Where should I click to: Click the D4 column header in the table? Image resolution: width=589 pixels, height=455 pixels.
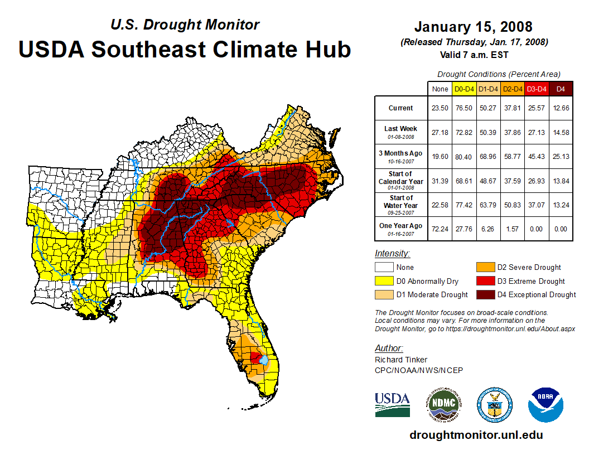(561, 89)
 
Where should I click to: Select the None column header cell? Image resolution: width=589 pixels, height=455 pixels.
(440, 89)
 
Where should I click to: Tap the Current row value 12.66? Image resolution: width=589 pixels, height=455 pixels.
(561, 108)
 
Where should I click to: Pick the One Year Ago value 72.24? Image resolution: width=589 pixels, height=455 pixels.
(440, 229)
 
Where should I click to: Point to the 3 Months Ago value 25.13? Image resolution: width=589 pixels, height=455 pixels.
(561, 157)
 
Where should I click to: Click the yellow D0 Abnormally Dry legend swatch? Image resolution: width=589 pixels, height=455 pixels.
(384, 281)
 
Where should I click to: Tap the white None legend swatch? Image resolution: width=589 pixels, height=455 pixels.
(384, 268)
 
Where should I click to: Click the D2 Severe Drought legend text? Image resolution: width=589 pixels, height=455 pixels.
(529, 268)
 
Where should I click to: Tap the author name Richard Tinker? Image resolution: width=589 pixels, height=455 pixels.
(400, 360)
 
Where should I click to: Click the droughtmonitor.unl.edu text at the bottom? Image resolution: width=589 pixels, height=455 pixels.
(476, 435)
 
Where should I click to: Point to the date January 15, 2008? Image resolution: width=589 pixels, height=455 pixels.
(473, 27)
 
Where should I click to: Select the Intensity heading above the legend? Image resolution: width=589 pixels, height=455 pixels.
(392, 254)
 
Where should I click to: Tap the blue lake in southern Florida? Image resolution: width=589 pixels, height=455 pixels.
(264, 361)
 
